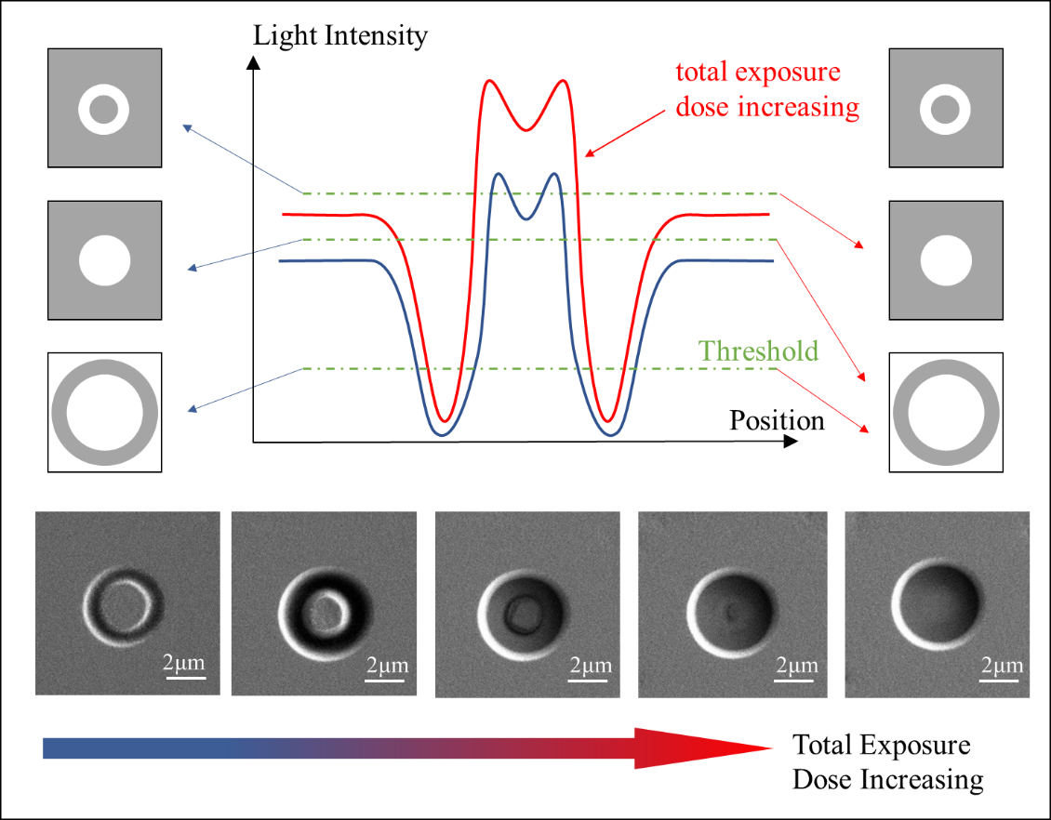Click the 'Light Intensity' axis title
coord(340,36)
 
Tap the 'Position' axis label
coord(777,421)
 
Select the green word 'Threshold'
coord(759,350)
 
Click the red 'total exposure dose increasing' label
coord(766,90)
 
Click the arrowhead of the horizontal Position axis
coord(790,442)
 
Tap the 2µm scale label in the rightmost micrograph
coord(1001,666)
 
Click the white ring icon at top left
coord(104,109)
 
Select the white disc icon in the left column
coord(104,260)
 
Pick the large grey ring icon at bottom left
coord(104,412)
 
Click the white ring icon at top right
coord(946,109)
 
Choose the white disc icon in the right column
coord(946,260)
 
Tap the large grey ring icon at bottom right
coord(946,412)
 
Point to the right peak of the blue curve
coord(555,174)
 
